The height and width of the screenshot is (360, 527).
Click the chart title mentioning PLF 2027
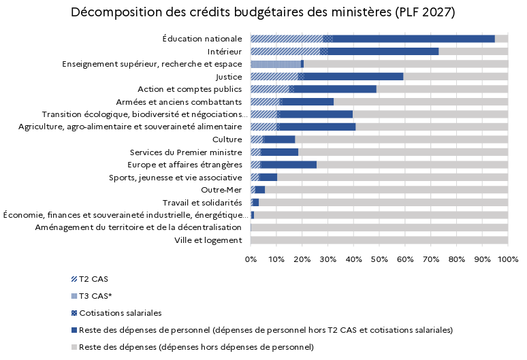[263, 12]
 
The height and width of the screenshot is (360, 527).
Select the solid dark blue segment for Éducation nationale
[414, 39]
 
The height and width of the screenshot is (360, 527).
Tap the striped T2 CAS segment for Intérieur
[285, 52]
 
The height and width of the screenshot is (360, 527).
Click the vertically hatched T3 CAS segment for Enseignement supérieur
[276, 64]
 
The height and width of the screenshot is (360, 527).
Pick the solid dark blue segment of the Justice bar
[353, 77]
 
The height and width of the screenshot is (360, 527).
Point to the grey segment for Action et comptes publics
[442, 89]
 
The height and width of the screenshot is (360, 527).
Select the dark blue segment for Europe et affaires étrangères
[289, 165]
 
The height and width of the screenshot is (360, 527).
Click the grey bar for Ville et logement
[379, 240]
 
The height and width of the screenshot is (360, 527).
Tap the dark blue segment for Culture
[280, 140]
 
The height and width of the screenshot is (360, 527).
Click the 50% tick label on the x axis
[379, 259]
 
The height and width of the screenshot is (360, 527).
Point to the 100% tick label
[508, 259]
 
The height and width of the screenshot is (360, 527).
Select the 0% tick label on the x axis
[251, 259]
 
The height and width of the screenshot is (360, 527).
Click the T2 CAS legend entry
[90, 279]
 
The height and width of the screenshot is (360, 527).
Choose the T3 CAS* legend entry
[91, 296]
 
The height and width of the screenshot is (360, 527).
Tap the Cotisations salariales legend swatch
[74, 313]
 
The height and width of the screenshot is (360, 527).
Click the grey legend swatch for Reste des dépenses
[74, 347]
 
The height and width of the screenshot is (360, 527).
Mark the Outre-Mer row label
[221, 190]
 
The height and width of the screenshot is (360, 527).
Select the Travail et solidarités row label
[202, 203]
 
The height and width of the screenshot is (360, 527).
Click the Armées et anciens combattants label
[179, 102]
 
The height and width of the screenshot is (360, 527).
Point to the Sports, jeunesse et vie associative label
[176, 178]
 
